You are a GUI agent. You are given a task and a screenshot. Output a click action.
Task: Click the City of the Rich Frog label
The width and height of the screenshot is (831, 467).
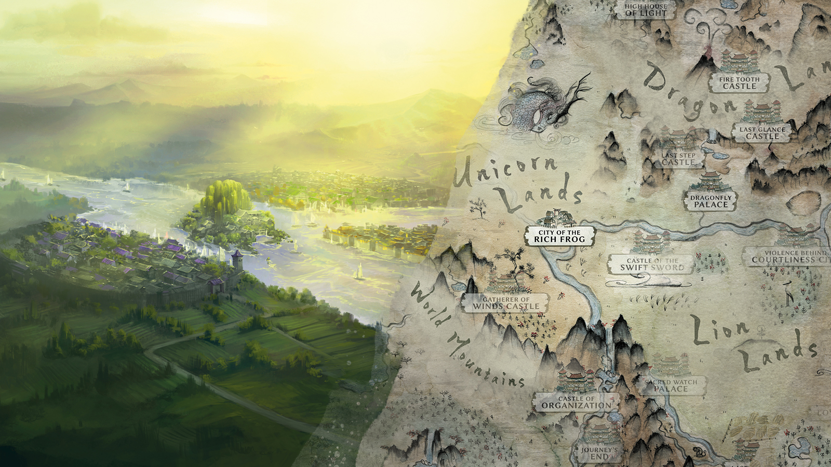(559, 236)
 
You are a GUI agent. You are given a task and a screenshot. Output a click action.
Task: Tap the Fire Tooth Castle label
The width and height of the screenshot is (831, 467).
(739, 83)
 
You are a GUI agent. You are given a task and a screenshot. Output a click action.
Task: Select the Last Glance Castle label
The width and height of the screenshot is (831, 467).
(762, 133)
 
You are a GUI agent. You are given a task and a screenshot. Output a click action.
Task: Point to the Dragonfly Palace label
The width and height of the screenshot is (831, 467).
(711, 201)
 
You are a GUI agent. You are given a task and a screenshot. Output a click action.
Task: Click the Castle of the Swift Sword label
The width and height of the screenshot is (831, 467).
(652, 265)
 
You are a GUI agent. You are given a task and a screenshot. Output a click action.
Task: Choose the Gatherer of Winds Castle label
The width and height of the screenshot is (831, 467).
(505, 303)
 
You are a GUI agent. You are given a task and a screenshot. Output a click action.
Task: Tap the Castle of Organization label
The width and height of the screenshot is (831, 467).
(576, 402)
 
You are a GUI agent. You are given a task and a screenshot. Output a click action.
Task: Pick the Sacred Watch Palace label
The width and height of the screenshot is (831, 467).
(671, 385)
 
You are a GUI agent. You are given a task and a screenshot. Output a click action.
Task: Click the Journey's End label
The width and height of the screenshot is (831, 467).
(599, 453)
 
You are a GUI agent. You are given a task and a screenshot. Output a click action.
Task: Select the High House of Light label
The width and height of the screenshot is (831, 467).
(646, 10)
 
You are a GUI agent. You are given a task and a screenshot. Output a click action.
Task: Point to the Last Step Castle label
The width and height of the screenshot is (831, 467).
(678, 159)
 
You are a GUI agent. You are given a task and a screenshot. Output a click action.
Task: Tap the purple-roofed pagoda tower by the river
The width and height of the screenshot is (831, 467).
(237, 259)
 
